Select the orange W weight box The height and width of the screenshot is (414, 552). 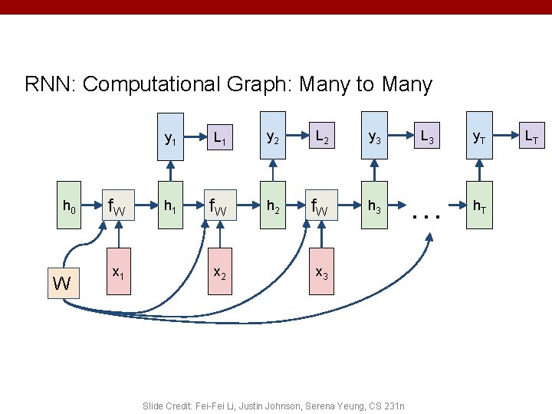click(62, 284)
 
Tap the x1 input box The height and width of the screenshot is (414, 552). click(119, 273)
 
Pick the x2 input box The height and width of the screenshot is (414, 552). click(219, 273)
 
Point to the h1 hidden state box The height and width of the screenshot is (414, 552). click(169, 206)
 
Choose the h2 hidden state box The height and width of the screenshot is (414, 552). click(272, 206)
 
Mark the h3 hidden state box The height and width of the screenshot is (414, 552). click(374, 206)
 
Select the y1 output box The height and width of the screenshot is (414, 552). click(169, 139)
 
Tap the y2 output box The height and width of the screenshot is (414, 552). click(272, 138)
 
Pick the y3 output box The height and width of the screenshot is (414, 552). click(374, 138)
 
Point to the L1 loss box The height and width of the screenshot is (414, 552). click(219, 138)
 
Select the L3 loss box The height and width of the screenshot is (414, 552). click(426, 138)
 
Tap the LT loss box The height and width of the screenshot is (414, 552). click(531, 138)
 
